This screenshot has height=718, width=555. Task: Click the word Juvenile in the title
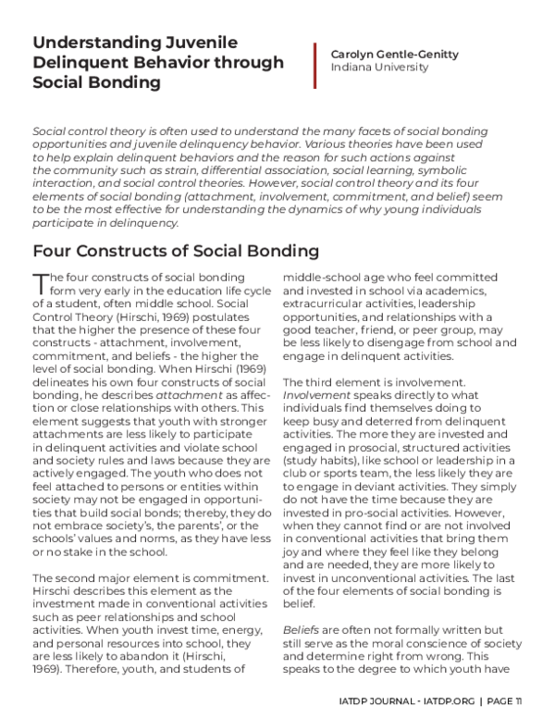point(200,42)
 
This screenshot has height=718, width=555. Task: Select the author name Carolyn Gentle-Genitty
point(395,55)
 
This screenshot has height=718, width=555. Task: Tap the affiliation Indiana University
point(375,68)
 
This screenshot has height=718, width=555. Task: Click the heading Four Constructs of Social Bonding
point(176,251)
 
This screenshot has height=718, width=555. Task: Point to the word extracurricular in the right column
point(330,303)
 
